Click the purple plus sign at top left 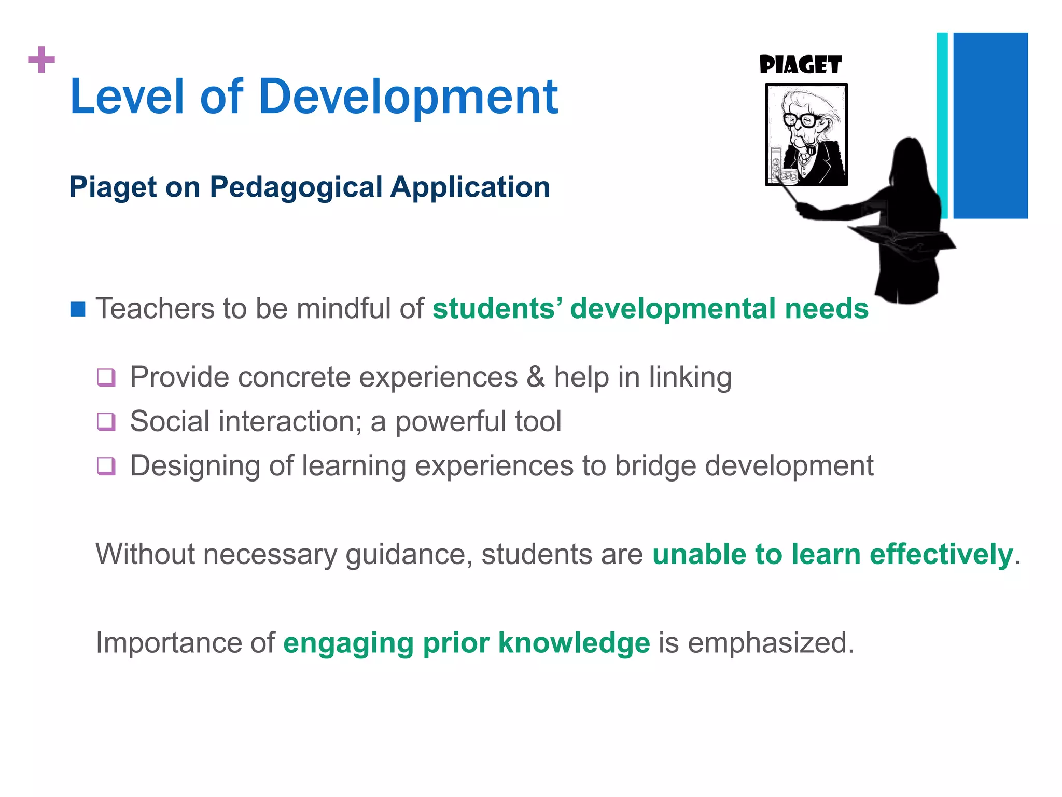41,60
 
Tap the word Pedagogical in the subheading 296,187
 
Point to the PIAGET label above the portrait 800,65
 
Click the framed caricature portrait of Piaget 806,134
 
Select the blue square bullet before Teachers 78,309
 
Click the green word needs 827,308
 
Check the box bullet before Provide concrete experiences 106,377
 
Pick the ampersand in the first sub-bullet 535,377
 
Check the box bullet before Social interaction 106,421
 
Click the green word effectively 941,554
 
